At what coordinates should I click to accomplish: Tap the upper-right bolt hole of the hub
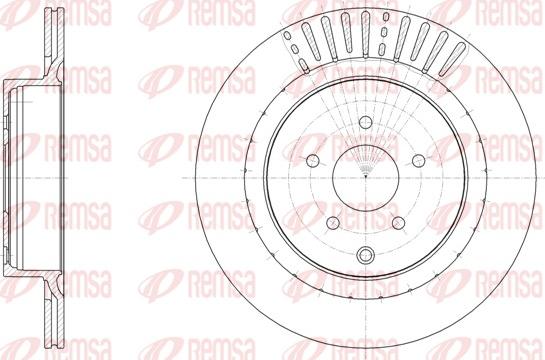coord(418,160)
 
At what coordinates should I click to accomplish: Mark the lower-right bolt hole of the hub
coord(399,222)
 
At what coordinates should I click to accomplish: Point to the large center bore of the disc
coord(367,177)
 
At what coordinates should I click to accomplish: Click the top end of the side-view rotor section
coord(47,20)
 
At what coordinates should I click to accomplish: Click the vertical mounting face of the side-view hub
coord(9,177)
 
